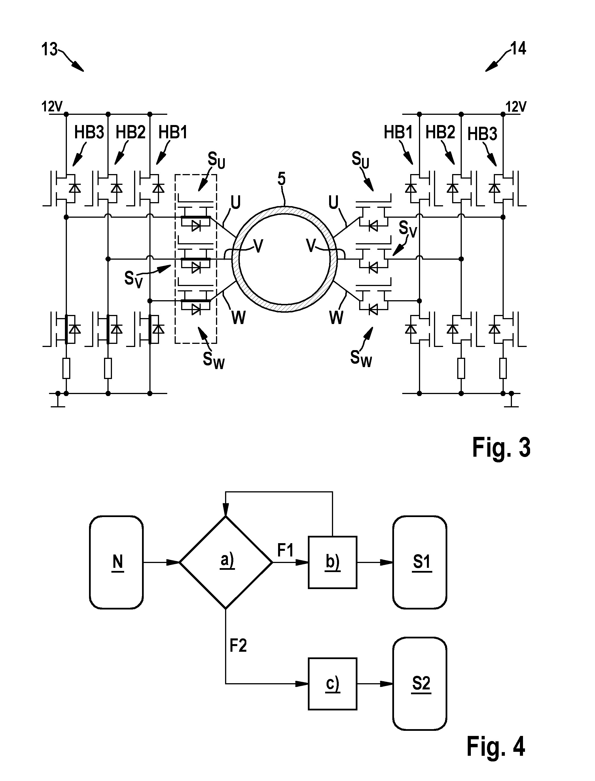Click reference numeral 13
[49, 49]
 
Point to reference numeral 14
[518, 48]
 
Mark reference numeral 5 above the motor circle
[281, 179]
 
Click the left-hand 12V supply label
[52, 106]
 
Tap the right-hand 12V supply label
[516, 107]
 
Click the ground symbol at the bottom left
[58, 400]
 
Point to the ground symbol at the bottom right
[511, 400]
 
